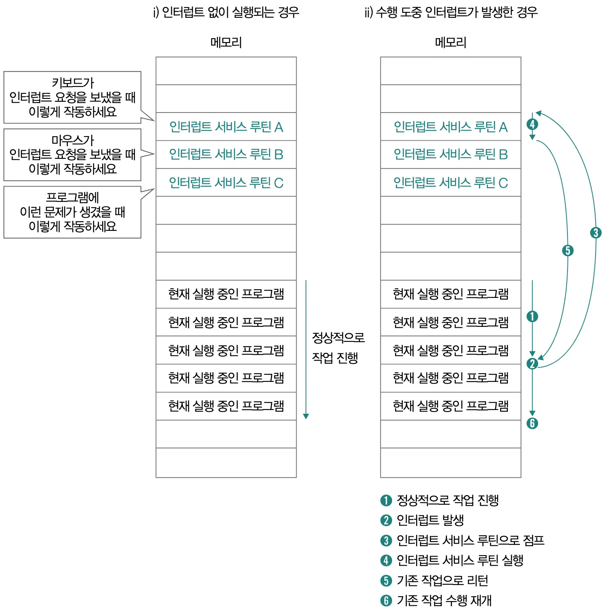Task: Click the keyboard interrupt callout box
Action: click(x=72, y=97)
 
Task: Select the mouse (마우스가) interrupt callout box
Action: click(x=72, y=154)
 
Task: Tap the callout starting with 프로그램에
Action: click(x=72, y=212)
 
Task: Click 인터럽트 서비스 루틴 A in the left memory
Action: click(x=226, y=127)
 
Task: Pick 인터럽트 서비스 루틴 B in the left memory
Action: click(x=226, y=154)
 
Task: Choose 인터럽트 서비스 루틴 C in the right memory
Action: click(x=450, y=182)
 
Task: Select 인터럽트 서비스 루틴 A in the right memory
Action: click(x=450, y=127)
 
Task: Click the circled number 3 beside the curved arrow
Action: click(x=596, y=233)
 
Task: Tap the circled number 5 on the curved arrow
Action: click(x=568, y=250)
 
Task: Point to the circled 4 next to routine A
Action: click(x=532, y=124)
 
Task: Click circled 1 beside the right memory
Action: click(x=532, y=317)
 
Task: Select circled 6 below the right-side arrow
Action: click(x=532, y=423)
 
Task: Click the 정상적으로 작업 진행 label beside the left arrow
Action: click(x=338, y=348)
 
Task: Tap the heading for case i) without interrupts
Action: click(x=226, y=12)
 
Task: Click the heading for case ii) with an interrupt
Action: click(x=451, y=12)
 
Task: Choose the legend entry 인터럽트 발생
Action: click(x=430, y=520)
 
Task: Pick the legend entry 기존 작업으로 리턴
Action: click(x=442, y=580)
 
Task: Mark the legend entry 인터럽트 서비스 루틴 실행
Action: click(x=460, y=560)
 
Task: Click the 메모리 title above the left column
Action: click(x=226, y=42)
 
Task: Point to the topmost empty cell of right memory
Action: click(x=450, y=71)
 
